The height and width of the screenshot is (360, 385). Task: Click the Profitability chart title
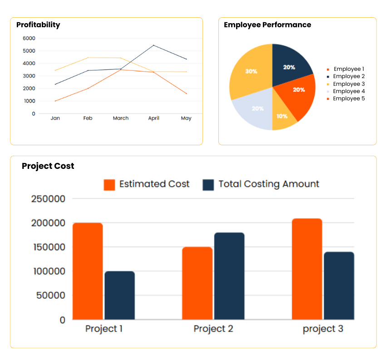point(38,25)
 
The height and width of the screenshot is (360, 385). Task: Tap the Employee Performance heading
point(267,25)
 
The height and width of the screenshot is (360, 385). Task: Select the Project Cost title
point(48,166)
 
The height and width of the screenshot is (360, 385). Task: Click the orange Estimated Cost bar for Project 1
point(88,271)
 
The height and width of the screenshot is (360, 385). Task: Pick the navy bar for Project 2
point(229,276)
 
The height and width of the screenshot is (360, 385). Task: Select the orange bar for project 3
point(307,269)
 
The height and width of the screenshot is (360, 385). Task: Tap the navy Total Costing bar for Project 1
point(120,295)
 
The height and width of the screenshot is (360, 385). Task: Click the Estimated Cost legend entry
point(147,184)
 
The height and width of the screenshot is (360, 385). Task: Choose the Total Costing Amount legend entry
point(261,184)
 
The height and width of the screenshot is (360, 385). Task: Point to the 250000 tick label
point(48,199)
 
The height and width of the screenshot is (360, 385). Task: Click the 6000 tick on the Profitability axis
point(29,38)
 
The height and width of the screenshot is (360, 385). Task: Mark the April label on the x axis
point(154,118)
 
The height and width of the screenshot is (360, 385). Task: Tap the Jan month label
point(55,118)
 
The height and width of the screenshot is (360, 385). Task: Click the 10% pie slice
point(282,116)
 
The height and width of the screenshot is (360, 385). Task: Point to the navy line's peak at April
point(153,45)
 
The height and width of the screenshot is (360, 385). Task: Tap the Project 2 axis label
point(213,329)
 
